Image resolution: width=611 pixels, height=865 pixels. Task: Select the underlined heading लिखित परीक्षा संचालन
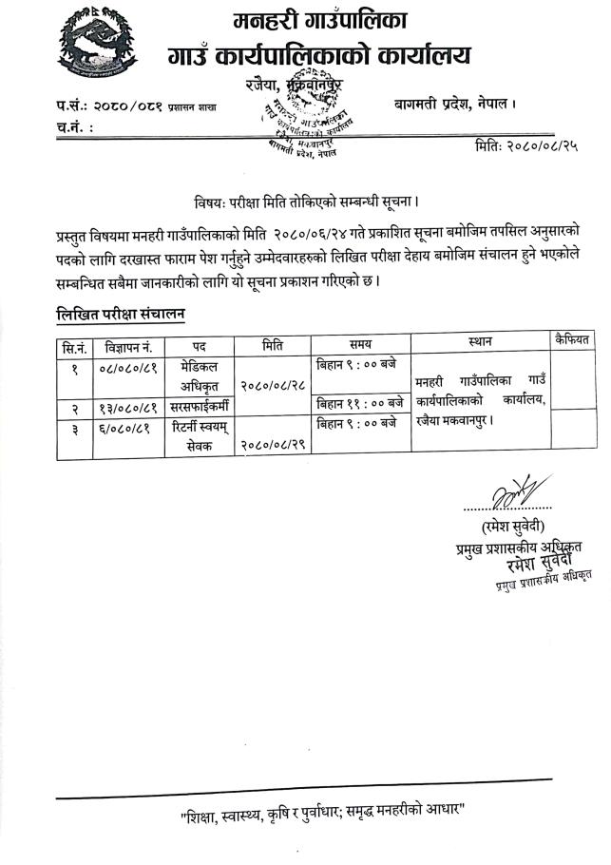click(119, 313)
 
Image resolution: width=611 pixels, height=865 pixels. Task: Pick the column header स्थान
click(480, 341)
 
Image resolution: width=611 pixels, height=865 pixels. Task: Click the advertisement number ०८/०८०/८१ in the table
click(129, 366)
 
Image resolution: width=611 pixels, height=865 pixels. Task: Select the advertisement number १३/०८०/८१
click(129, 407)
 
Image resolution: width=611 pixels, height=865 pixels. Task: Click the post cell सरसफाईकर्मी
click(200, 406)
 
